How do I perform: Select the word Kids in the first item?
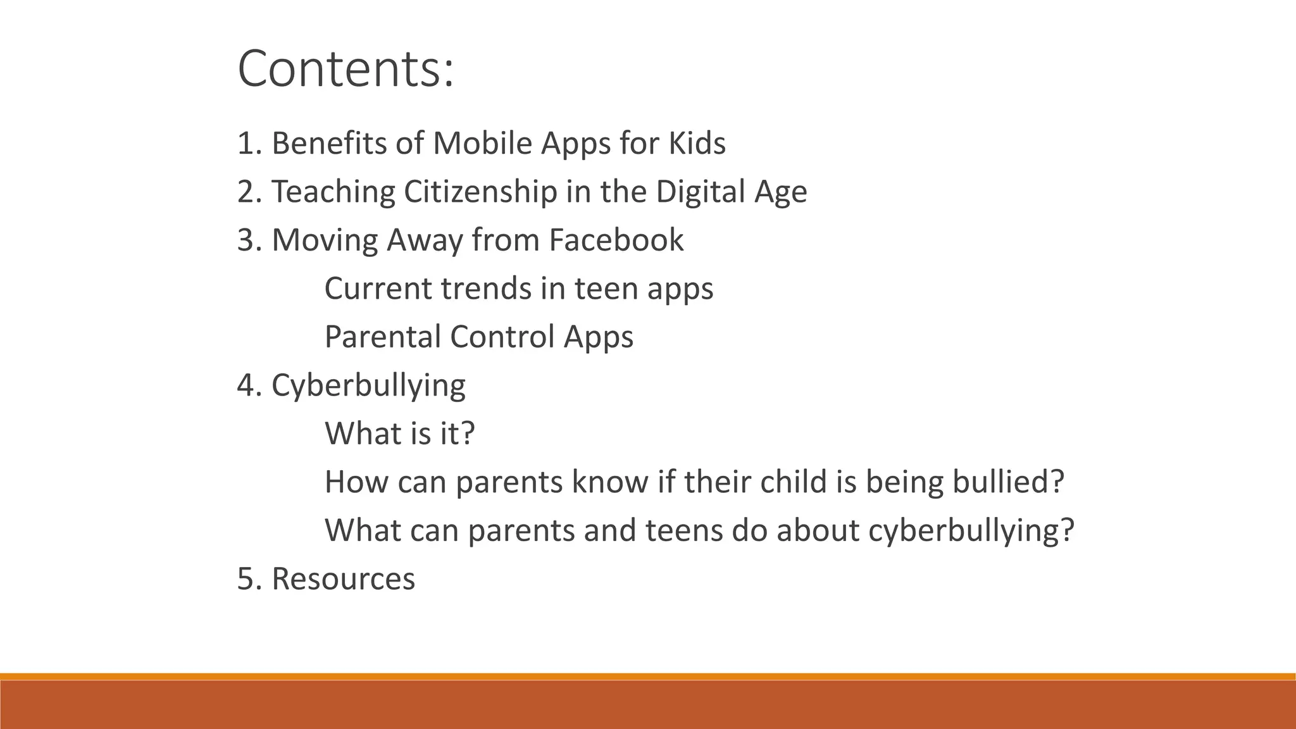point(697,143)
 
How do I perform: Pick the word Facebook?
point(616,240)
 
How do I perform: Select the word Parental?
point(382,337)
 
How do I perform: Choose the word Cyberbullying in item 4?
point(368,385)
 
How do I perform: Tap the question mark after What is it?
point(467,433)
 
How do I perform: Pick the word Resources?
point(343,578)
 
